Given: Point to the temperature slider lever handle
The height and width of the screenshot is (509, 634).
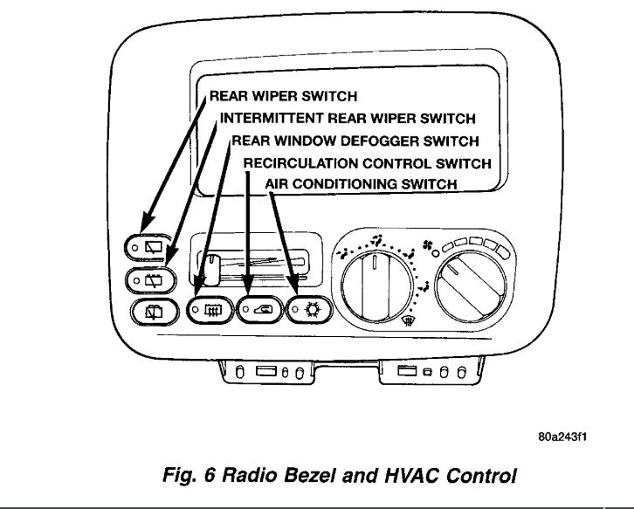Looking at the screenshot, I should (x=210, y=262).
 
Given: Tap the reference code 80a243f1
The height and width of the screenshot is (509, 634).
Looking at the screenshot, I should (x=561, y=437).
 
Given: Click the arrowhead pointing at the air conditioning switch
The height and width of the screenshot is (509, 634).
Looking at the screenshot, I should (x=297, y=291).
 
